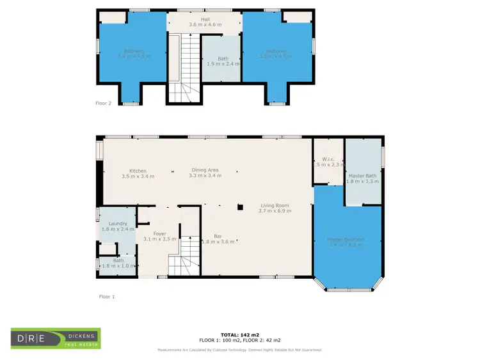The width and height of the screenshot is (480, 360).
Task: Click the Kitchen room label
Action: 138,171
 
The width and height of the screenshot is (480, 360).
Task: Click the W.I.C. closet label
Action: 329,159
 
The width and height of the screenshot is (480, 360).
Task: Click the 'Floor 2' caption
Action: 103,102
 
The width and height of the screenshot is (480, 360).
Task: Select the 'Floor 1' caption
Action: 106,296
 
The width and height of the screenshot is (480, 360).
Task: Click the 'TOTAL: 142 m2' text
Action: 240,335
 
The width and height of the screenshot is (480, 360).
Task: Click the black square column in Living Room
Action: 240,207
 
